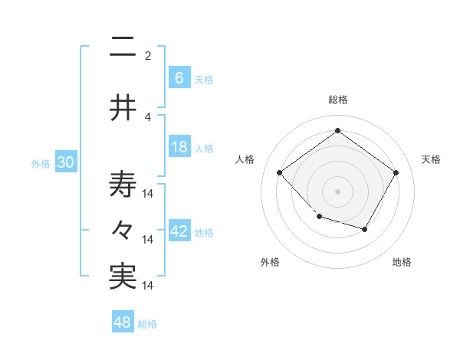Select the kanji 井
click(123, 109)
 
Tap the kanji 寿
click(123, 185)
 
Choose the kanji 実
click(123, 277)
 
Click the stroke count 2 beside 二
click(148, 55)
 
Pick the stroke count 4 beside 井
click(148, 116)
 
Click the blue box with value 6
click(179, 77)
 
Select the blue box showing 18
click(179, 146)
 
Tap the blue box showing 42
click(179, 231)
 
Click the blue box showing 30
click(65, 162)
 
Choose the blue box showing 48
click(123, 322)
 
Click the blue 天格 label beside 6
click(204, 79)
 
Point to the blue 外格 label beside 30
click(41, 163)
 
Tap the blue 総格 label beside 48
click(147, 324)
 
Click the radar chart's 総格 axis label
click(337, 100)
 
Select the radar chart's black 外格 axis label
click(270, 262)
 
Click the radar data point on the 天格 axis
click(396, 172)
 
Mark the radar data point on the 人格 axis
click(280, 172)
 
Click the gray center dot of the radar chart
click(337, 191)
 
